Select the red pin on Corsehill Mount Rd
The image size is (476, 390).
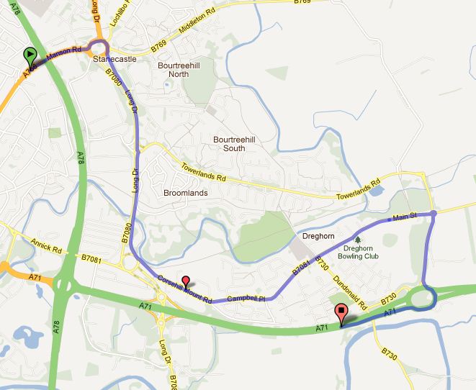tap(186, 281)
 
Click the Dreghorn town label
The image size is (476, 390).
tap(314, 236)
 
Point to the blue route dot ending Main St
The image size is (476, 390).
tap(434, 213)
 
